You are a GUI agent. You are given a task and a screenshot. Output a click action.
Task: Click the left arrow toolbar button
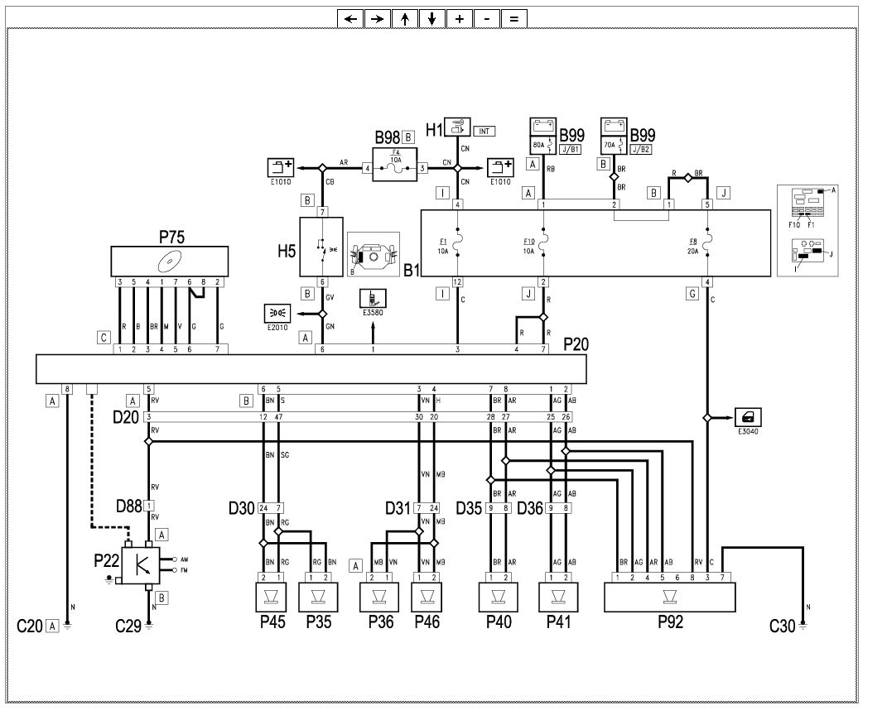350,18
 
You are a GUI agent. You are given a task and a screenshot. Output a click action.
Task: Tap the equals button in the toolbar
513,18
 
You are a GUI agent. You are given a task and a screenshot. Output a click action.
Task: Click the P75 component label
171,238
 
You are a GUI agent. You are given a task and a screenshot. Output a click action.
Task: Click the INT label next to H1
484,131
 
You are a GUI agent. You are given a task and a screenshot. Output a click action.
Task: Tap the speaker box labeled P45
272,596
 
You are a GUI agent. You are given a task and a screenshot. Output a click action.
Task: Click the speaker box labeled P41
558,596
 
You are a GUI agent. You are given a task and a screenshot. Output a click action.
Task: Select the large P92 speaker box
669,596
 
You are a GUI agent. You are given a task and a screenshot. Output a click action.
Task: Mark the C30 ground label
782,626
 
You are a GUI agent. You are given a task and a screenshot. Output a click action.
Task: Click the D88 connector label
129,505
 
